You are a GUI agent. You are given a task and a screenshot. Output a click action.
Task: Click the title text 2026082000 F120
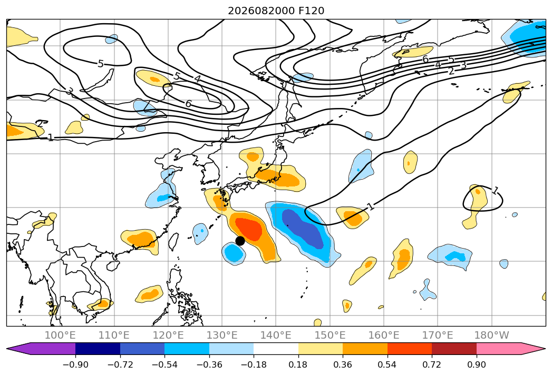click(x=276, y=11)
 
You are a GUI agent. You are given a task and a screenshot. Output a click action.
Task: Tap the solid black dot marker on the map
click(x=240, y=241)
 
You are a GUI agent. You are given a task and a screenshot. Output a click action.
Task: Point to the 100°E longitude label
click(x=60, y=335)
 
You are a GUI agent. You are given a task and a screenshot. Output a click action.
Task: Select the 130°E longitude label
click(x=222, y=335)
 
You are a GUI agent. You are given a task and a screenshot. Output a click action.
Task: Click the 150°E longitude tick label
click(x=330, y=335)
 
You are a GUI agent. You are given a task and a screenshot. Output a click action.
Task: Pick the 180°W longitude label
click(x=491, y=335)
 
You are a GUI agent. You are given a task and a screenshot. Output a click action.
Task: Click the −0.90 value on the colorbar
click(x=75, y=364)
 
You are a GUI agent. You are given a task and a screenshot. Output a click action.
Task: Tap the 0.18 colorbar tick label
click(x=298, y=364)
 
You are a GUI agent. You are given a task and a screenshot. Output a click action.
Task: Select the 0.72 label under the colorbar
click(x=432, y=364)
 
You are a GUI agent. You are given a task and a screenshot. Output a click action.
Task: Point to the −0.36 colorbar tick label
click(x=209, y=364)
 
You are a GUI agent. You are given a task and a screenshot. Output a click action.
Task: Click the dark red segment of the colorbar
click(x=454, y=348)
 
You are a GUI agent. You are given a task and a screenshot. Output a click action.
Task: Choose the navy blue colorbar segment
click(x=98, y=348)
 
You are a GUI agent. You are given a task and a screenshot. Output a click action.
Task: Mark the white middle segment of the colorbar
click(x=276, y=348)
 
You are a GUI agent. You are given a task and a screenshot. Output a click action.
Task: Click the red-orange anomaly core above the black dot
click(x=248, y=229)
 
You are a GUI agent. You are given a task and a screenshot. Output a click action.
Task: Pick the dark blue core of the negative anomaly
click(x=303, y=228)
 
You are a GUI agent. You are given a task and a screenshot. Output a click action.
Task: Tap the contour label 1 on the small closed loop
click(x=495, y=191)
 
